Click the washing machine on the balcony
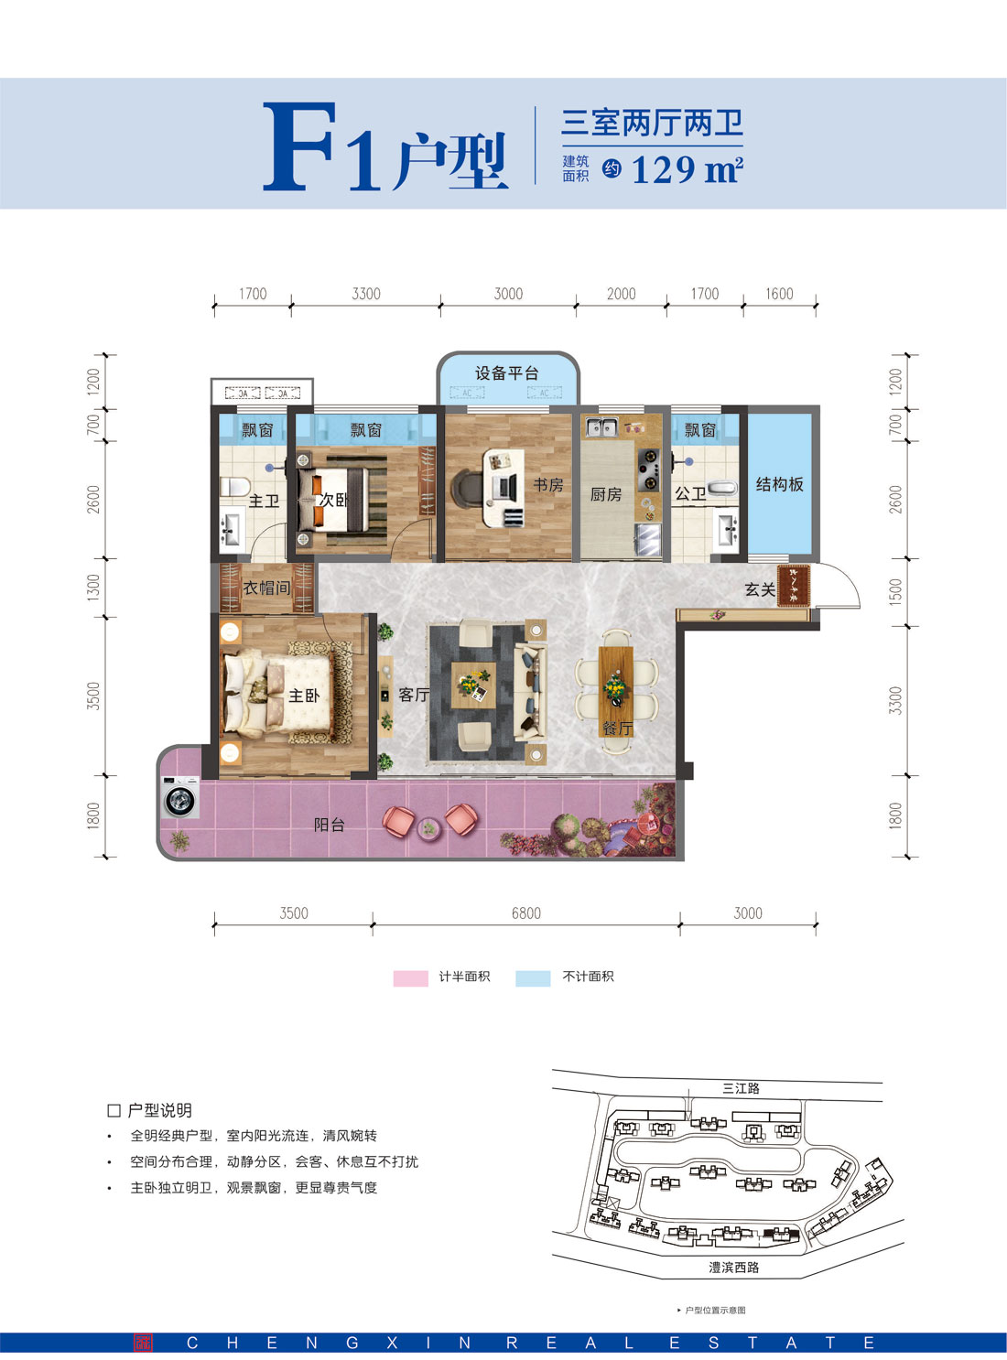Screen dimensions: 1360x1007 coord(180,798)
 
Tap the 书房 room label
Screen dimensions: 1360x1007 coord(548,485)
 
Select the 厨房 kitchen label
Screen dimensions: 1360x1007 coord(605,494)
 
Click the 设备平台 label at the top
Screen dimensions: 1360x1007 coord(506,373)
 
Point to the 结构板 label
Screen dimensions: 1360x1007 coord(779,484)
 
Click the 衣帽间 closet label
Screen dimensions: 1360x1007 coord(266,588)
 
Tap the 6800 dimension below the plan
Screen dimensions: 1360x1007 coord(525,913)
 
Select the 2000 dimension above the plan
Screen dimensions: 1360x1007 coord(621,294)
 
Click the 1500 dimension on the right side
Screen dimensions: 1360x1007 coord(895,591)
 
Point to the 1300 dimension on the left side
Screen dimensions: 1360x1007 coord(93,587)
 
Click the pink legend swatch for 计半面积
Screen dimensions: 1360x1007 coord(410,977)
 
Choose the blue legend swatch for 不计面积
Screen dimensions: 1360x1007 coord(533,977)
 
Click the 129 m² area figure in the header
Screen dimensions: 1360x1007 coord(686,169)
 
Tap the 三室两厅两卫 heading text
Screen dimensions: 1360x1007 coord(652,123)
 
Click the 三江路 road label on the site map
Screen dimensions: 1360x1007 coord(741,1088)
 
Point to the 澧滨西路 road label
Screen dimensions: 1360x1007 coord(733,1268)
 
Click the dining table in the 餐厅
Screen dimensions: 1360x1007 coord(615,689)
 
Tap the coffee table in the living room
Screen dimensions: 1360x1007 coord(474,685)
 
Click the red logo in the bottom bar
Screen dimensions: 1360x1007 coord(143,1343)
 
